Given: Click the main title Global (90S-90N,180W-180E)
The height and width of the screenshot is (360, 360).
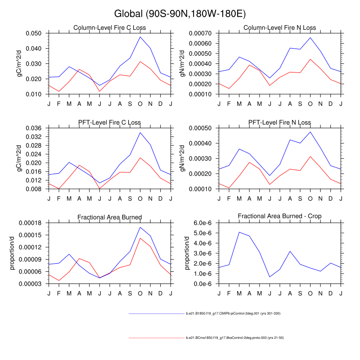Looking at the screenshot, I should pos(180,14).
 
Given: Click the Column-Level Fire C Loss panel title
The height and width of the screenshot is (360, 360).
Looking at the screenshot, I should pos(110,28).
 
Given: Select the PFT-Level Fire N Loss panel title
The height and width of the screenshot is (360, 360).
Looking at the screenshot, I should pos(280,122).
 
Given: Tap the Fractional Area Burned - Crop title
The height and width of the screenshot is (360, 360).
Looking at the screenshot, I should pos(280,217).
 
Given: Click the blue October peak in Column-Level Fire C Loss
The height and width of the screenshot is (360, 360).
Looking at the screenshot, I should pos(140,36).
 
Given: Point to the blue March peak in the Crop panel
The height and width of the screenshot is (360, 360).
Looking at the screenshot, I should pos(239,232).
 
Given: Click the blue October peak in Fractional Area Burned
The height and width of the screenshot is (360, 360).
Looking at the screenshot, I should pos(140,227).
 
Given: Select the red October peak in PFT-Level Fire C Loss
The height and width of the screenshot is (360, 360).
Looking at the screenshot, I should pos(140,157).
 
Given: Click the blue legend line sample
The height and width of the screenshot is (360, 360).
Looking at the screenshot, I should pos(155,313).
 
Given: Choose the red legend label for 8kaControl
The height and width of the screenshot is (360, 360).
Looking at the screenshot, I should pos(234,337).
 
